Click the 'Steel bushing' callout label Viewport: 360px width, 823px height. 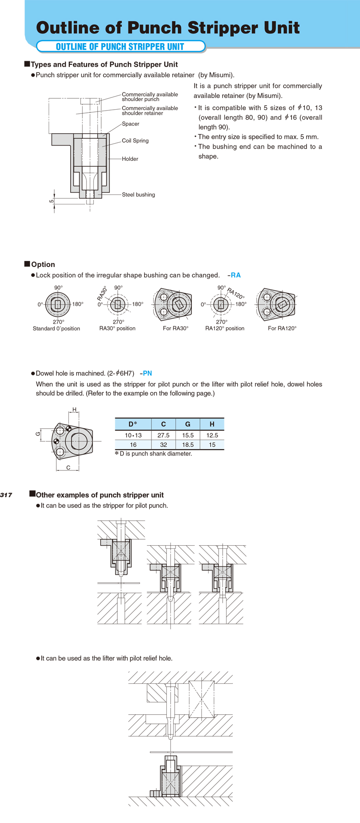138,195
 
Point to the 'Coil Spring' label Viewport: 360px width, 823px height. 135,140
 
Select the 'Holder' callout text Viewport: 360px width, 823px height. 130,159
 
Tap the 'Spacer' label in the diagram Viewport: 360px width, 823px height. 131,124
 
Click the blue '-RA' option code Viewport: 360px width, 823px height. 234,275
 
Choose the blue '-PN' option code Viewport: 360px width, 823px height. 146,373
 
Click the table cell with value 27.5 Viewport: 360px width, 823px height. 163,435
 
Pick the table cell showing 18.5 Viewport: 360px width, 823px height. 188,445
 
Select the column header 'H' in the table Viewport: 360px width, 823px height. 212,424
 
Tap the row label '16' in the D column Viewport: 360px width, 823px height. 133,445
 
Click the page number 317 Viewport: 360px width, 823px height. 6,495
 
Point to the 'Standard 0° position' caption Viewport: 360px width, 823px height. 56,329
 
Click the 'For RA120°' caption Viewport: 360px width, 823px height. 282,329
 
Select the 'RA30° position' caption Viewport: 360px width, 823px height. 117,329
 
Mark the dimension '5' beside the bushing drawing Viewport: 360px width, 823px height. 52,201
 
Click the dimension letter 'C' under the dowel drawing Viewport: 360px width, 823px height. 68,468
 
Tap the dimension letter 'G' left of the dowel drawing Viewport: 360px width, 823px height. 39,434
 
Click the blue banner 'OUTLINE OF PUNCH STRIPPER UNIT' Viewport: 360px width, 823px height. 120,47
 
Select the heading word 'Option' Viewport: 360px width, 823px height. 43,265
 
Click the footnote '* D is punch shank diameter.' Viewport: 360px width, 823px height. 154,454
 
